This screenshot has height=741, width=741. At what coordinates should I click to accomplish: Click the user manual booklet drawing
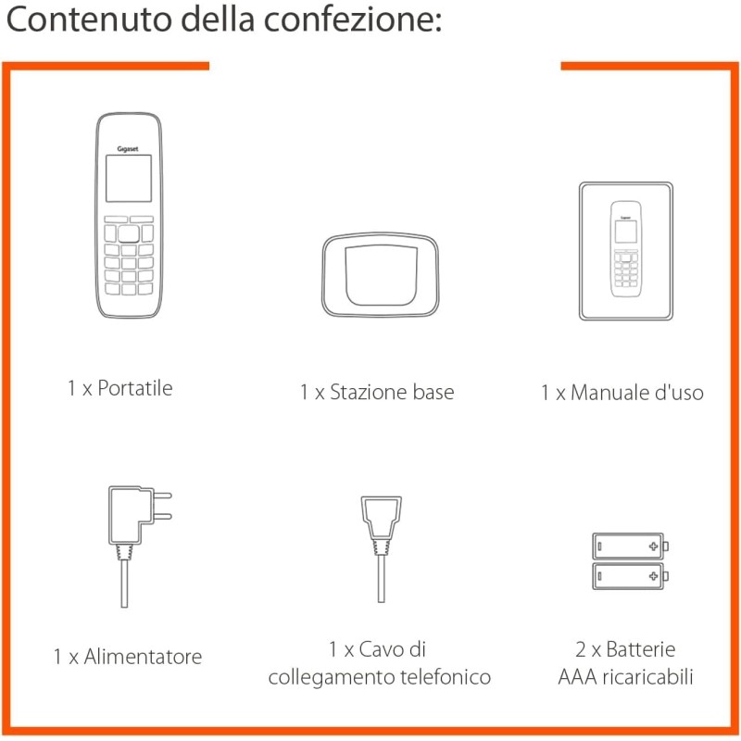626,251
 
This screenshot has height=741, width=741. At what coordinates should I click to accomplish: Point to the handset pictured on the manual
626,247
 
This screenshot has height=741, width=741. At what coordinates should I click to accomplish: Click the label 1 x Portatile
119,388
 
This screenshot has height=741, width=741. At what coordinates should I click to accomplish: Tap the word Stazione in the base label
369,392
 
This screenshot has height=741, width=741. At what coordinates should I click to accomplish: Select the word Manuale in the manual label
610,393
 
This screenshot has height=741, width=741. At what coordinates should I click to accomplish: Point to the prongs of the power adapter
162,507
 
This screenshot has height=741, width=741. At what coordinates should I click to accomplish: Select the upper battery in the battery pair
630,546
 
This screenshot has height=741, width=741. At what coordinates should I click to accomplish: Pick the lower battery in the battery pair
630,576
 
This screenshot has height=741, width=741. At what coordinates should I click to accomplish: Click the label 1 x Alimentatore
127,658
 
